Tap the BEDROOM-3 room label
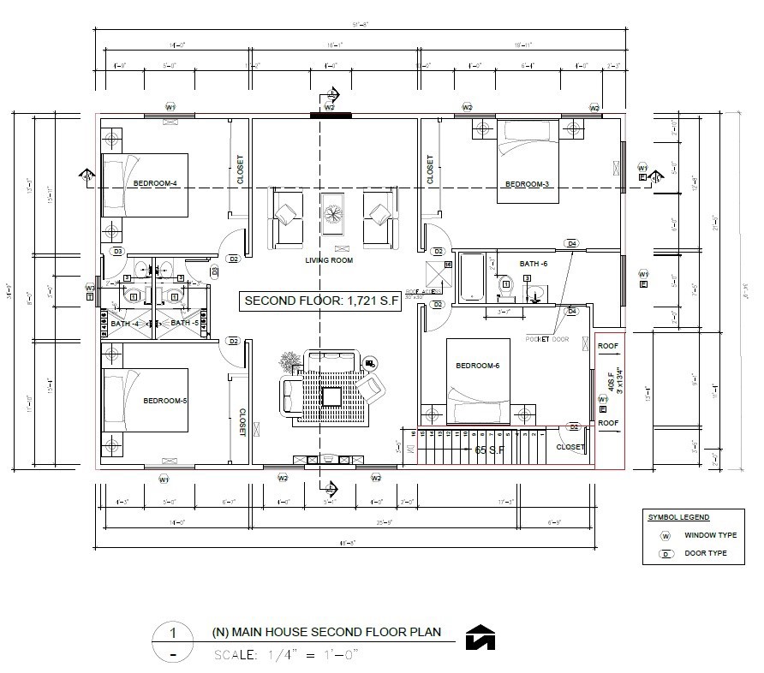[x=526, y=184]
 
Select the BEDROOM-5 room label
[x=165, y=401]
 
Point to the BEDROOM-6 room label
[x=477, y=366]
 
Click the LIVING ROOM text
[x=329, y=260]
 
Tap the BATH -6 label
[x=534, y=264]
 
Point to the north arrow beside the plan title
[x=480, y=638]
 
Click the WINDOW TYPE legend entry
[x=710, y=535]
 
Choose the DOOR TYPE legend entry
[x=706, y=553]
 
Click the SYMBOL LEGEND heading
[x=677, y=517]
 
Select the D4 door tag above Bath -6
[x=571, y=244]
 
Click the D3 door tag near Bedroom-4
[x=118, y=251]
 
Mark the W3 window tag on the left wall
[x=90, y=288]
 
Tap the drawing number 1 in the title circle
[x=173, y=634]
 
